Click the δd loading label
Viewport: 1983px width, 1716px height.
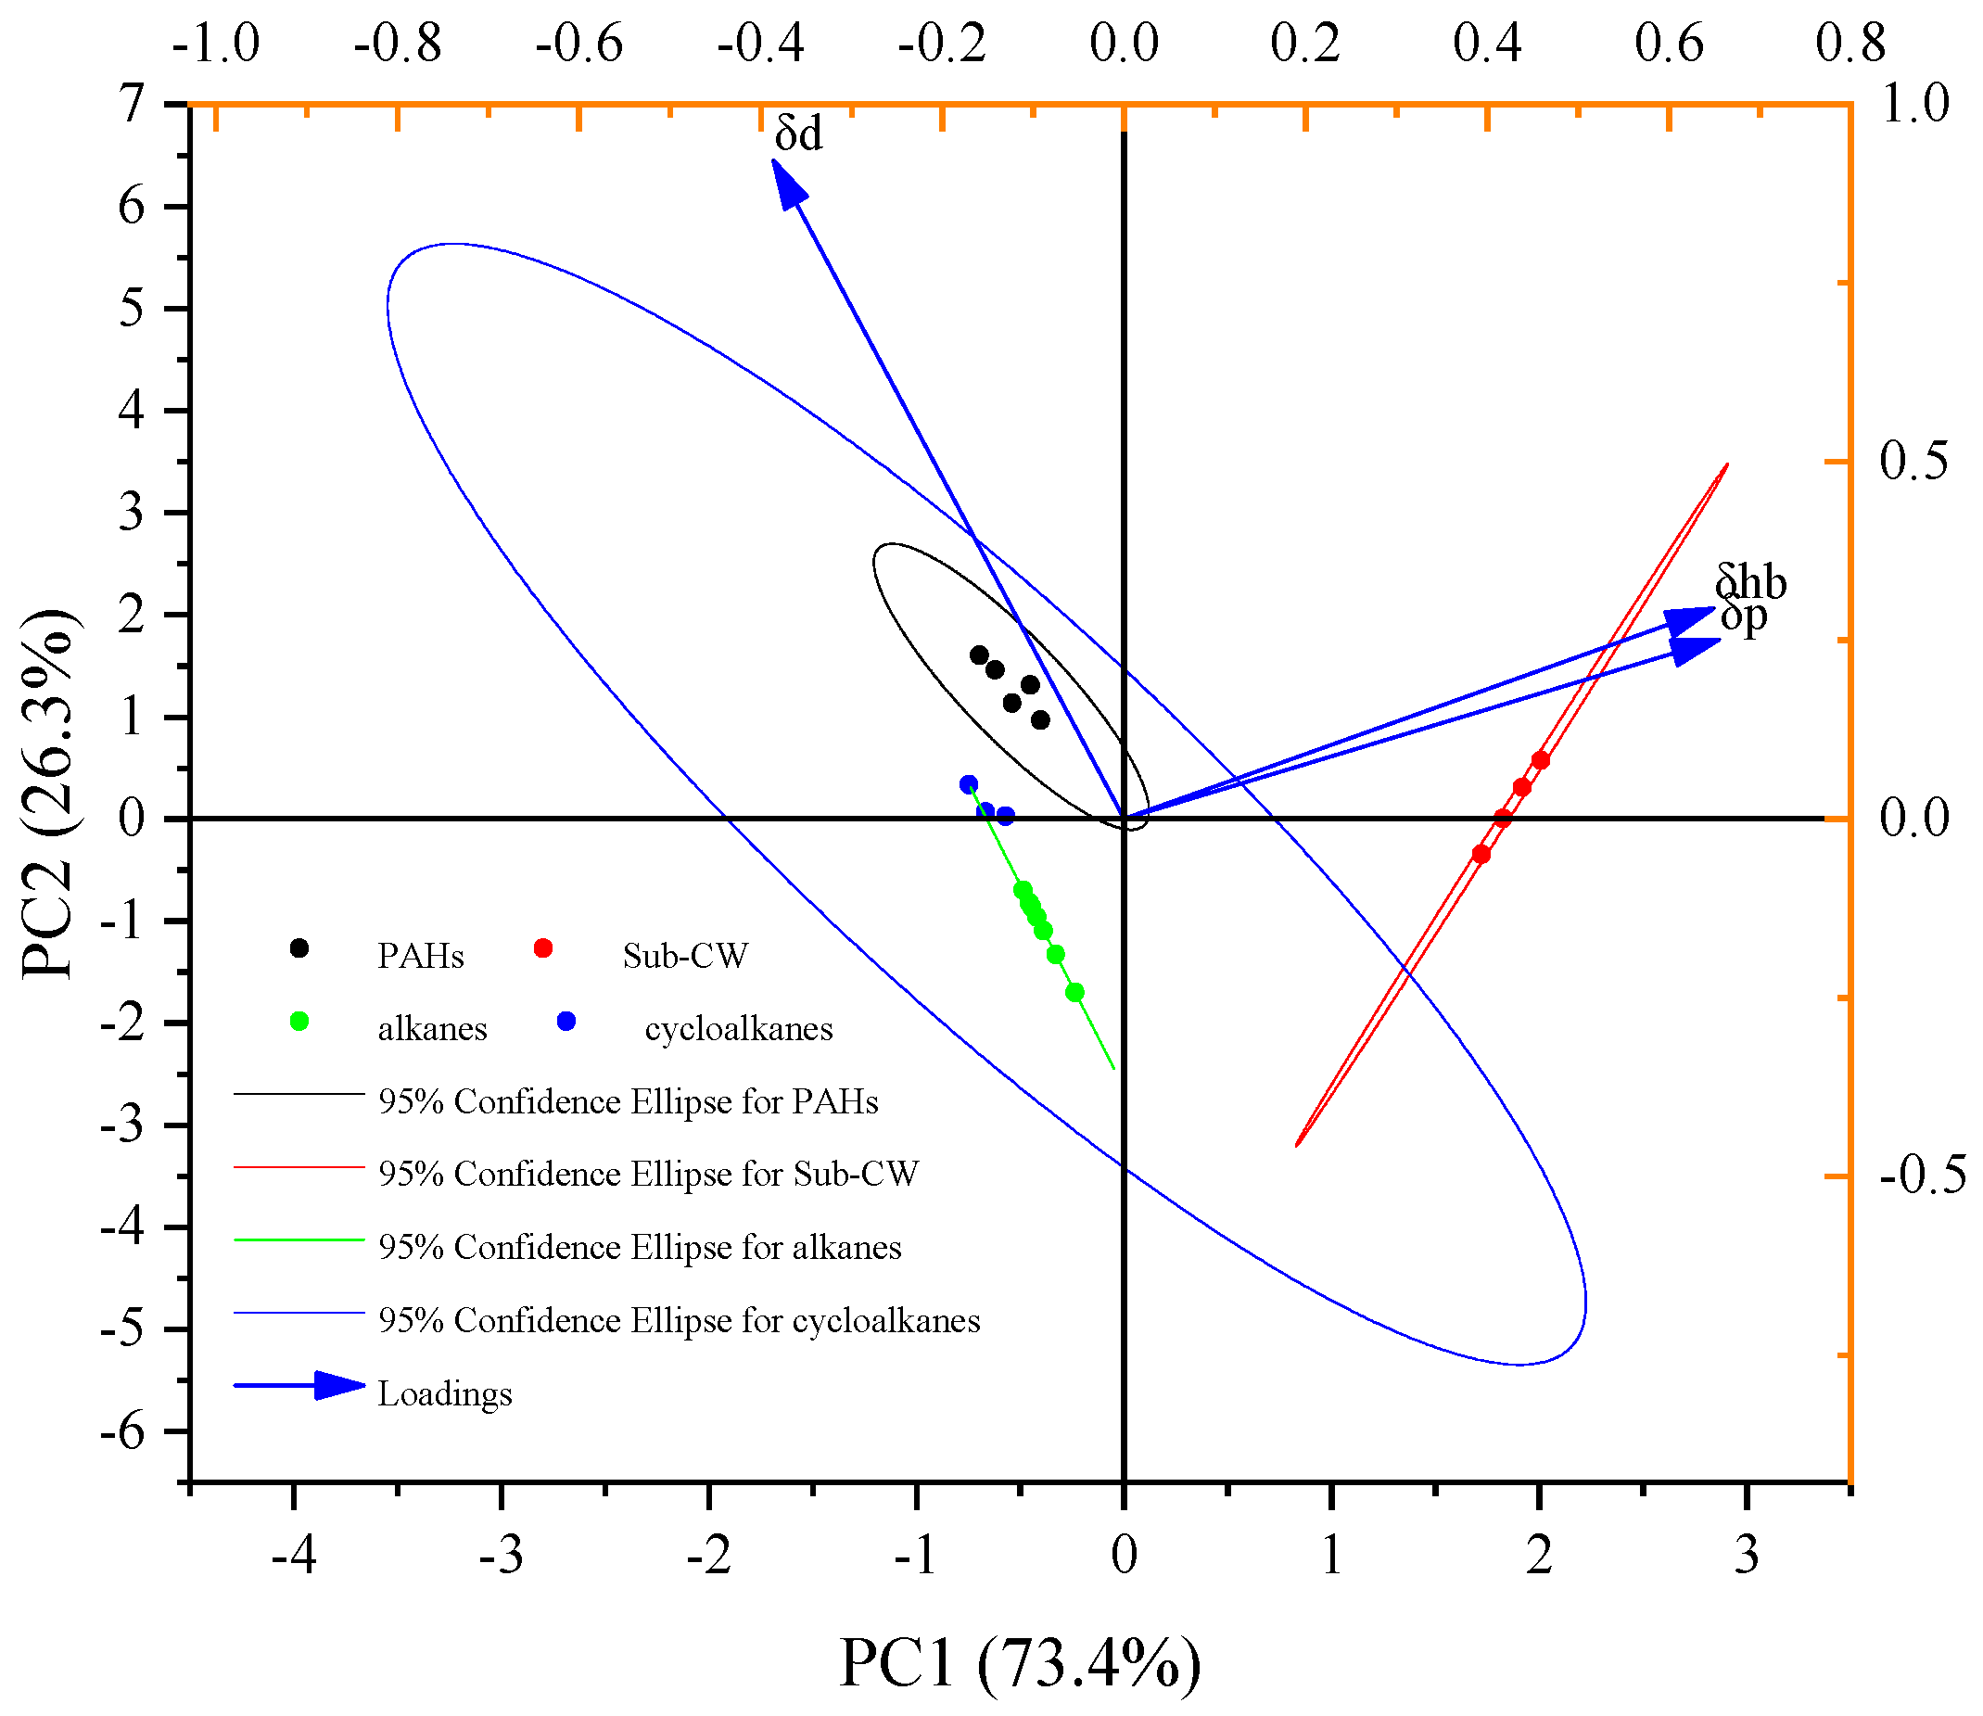click(797, 134)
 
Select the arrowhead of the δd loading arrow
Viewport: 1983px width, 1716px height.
click(787, 181)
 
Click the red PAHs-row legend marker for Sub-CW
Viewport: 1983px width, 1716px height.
click(543, 948)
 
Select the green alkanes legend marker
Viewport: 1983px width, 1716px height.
click(299, 1021)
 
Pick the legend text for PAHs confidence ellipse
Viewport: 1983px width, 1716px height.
click(629, 1102)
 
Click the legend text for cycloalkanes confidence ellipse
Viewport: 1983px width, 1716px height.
click(679, 1320)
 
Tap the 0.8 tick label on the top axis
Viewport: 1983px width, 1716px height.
click(1850, 44)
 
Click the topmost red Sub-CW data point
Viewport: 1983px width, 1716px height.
click(1540, 760)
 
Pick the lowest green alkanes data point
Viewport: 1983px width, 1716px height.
click(1074, 992)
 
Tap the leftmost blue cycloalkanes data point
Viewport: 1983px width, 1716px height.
click(968, 784)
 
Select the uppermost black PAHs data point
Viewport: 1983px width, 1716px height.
click(979, 655)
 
